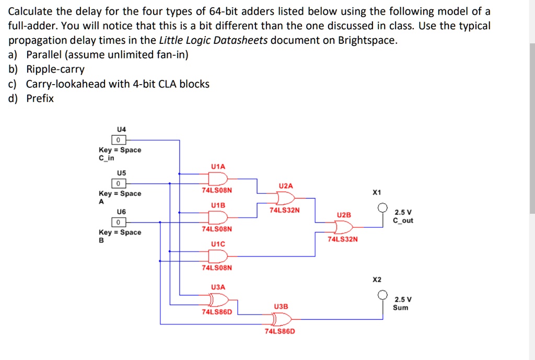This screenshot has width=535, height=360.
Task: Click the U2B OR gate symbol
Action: (343, 227)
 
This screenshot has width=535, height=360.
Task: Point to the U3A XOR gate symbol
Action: (218, 299)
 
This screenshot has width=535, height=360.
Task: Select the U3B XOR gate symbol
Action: (281, 319)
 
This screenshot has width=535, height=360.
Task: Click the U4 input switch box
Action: (119, 140)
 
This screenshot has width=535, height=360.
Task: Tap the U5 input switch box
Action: (119, 183)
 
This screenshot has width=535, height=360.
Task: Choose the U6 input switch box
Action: (119, 222)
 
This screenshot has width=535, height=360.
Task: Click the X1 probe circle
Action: (383, 206)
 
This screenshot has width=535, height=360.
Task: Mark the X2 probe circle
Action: (383, 294)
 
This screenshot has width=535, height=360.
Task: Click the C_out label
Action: (403, 220)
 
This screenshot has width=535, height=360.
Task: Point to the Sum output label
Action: (401, 308)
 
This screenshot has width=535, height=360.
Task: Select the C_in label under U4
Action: (106, 158)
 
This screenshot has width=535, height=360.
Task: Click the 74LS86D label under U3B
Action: (280, 331)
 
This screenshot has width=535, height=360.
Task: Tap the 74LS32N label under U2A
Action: (285, 210)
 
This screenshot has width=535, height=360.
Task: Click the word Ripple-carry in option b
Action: (55, 69)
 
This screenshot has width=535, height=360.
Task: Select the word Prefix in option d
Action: (40, 98)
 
